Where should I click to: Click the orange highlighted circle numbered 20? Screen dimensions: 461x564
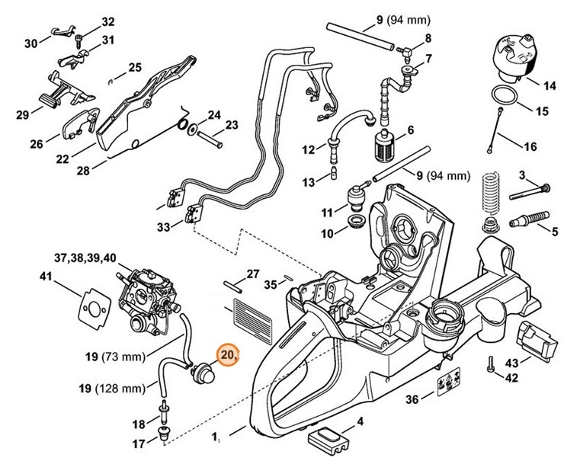point(228,355)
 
